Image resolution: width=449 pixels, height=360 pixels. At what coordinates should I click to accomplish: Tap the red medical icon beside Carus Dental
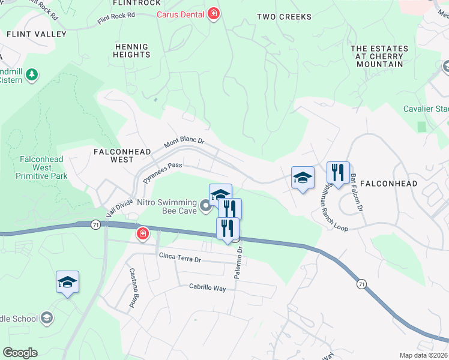point(213,13)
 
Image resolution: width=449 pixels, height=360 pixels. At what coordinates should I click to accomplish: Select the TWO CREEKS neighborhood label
point(284,17)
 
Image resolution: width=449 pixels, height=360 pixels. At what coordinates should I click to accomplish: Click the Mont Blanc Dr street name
point(184,143)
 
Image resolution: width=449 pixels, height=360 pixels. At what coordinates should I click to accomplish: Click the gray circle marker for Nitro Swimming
point(206,207)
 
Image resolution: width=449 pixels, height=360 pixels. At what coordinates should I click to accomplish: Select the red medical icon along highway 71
point(143,233)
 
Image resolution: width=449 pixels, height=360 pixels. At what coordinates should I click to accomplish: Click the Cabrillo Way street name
point(207,289)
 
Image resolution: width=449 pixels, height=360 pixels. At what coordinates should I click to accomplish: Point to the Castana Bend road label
point(133,288)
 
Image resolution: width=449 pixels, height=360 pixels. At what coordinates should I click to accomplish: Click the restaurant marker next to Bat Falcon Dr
point(338,173)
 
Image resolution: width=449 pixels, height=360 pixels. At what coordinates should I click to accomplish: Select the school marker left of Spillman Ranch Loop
point(303,177)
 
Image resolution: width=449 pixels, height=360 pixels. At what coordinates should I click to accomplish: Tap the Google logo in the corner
point(20,353)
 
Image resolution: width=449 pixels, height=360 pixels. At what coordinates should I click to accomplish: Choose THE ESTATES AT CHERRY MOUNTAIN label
point(379,56)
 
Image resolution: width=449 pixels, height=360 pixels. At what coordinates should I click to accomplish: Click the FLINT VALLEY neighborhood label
point(37,34)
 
